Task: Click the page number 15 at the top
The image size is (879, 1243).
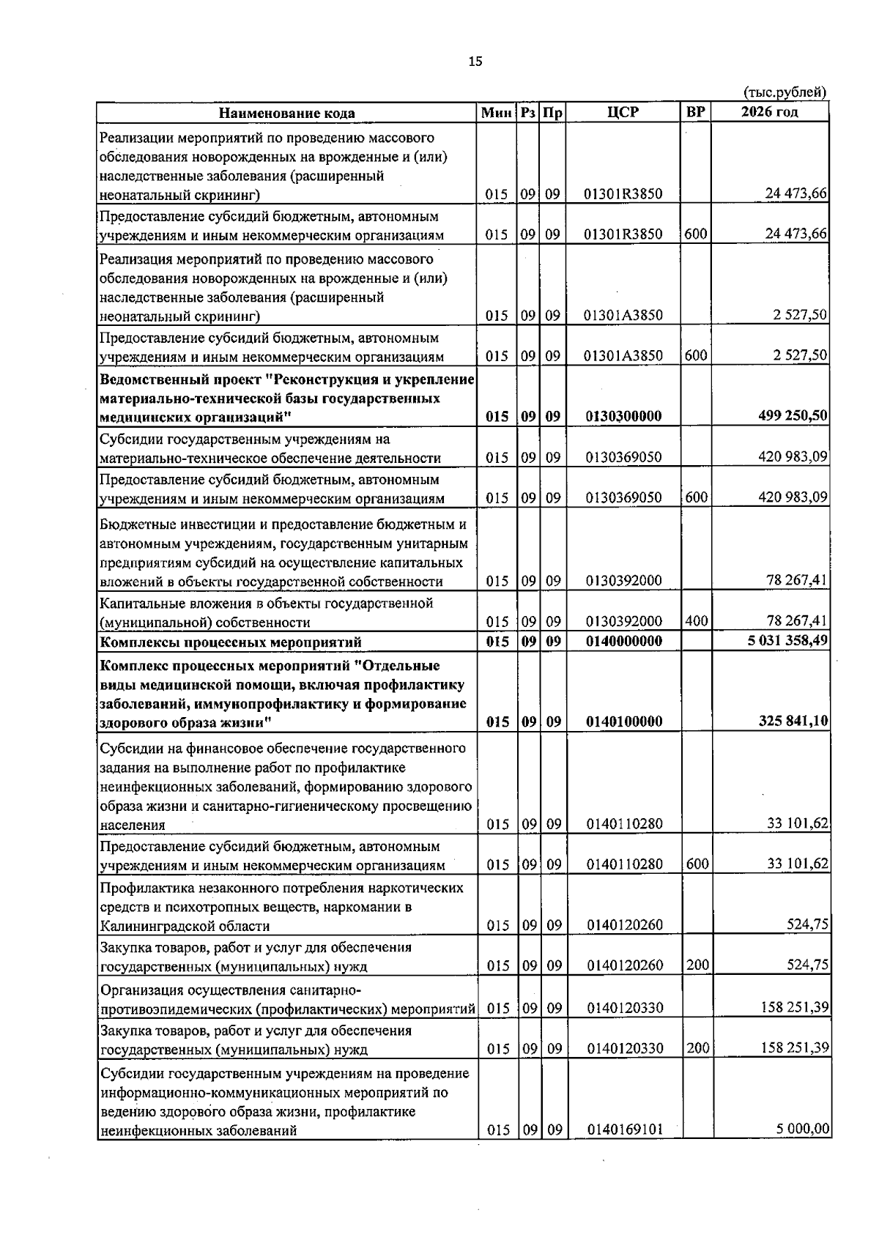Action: [475, 62]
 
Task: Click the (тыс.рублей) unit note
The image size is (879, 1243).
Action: [785, 92]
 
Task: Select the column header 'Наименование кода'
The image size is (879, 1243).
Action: [286, 113]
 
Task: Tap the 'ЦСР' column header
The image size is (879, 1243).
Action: [623, 112]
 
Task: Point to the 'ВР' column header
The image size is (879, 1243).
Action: [696, 112]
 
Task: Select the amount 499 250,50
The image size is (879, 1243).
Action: [793, 416]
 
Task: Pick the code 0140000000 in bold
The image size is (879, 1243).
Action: [623, 642]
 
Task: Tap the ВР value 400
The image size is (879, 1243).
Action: [696, 621]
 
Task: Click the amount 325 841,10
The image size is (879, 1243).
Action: [793, 721]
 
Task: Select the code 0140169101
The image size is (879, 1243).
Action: [624, 1150]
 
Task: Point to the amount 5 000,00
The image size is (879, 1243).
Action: [803, 1150]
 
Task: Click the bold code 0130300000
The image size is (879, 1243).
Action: [623, 416]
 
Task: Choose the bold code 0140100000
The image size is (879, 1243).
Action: [623, 721]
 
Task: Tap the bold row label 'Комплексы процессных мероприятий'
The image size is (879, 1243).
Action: [230, 642]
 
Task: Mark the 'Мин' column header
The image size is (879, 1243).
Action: [497, 113]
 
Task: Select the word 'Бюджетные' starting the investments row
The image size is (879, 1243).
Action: [133, 524]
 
